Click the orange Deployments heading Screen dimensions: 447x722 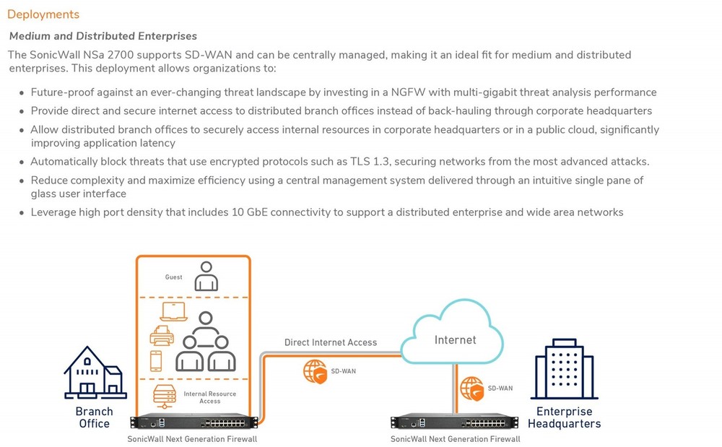click(x=43, y=14)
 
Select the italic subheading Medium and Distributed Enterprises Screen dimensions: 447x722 click(x=103, y=36)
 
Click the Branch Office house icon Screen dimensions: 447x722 click(x=93, y=373)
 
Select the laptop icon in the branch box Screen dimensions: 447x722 click(x=173, y=312)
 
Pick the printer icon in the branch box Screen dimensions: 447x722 click(x=161, y=336)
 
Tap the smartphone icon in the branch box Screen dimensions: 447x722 click(x=156, y=360)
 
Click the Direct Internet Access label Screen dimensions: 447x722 click(x=331, y=342)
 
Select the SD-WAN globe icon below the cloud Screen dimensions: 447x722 click(x=472, y=388)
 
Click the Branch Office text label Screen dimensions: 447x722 click(x=94, y=417)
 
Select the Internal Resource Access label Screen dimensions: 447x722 click(x=210, y=397)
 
